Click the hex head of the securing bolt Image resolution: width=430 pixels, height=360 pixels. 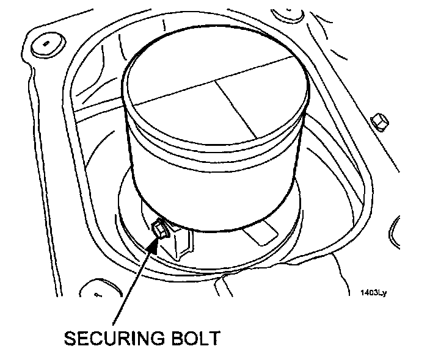tap(159, 229)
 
